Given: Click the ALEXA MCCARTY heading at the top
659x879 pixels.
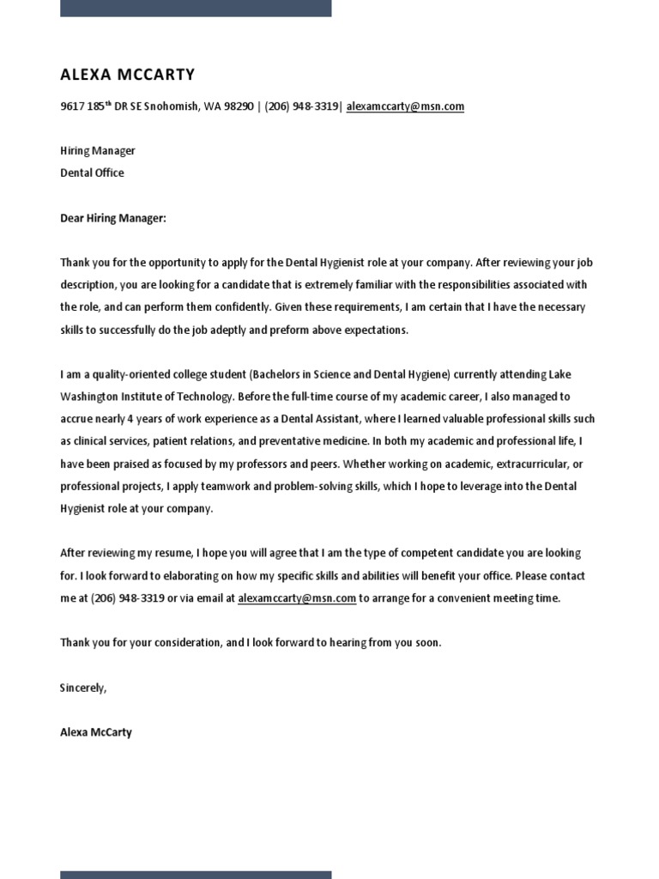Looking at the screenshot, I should (x=127, y=75).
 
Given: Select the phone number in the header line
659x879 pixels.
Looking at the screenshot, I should (x=301, y=106).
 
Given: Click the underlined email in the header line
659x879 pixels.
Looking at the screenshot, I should (x=405, y=106).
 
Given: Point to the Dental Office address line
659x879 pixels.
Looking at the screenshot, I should (x=92, y=173).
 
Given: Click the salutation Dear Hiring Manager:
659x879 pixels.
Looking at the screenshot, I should (x=112, y=218).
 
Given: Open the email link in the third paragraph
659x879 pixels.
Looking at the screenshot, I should (x=297, y=598).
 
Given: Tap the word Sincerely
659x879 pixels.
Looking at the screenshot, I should (x=83, y=688).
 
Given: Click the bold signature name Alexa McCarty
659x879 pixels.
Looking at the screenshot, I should (x=96, y=732).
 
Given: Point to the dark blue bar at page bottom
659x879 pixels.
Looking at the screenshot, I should (x=196, y=874).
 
